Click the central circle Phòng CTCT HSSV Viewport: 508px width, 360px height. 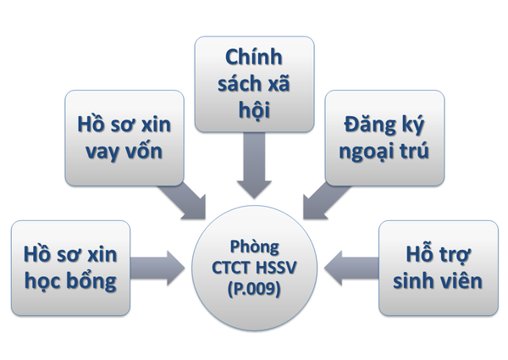[255, 266]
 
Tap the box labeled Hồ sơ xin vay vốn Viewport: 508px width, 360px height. [125, 139]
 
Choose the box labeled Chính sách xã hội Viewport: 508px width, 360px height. [253, 84]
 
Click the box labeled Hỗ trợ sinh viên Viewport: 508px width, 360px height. [437, 268]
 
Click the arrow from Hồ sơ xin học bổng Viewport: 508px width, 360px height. [161, 266]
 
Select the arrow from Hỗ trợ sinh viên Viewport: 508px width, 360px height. [351, 265]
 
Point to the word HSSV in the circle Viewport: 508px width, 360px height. [276, 268]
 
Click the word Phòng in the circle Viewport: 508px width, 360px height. [254, 249]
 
